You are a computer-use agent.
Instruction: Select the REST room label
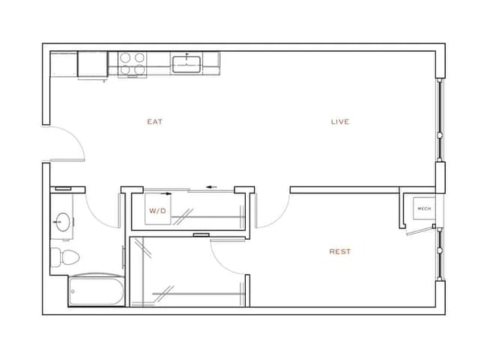(339, 252)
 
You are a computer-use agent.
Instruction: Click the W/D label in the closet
(158, 210)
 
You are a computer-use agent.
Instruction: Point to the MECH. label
(423, 208)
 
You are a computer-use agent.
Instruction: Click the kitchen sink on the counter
(185, 62)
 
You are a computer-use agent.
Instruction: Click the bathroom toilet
(62, 256)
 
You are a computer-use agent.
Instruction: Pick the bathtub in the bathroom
(95, 292)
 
